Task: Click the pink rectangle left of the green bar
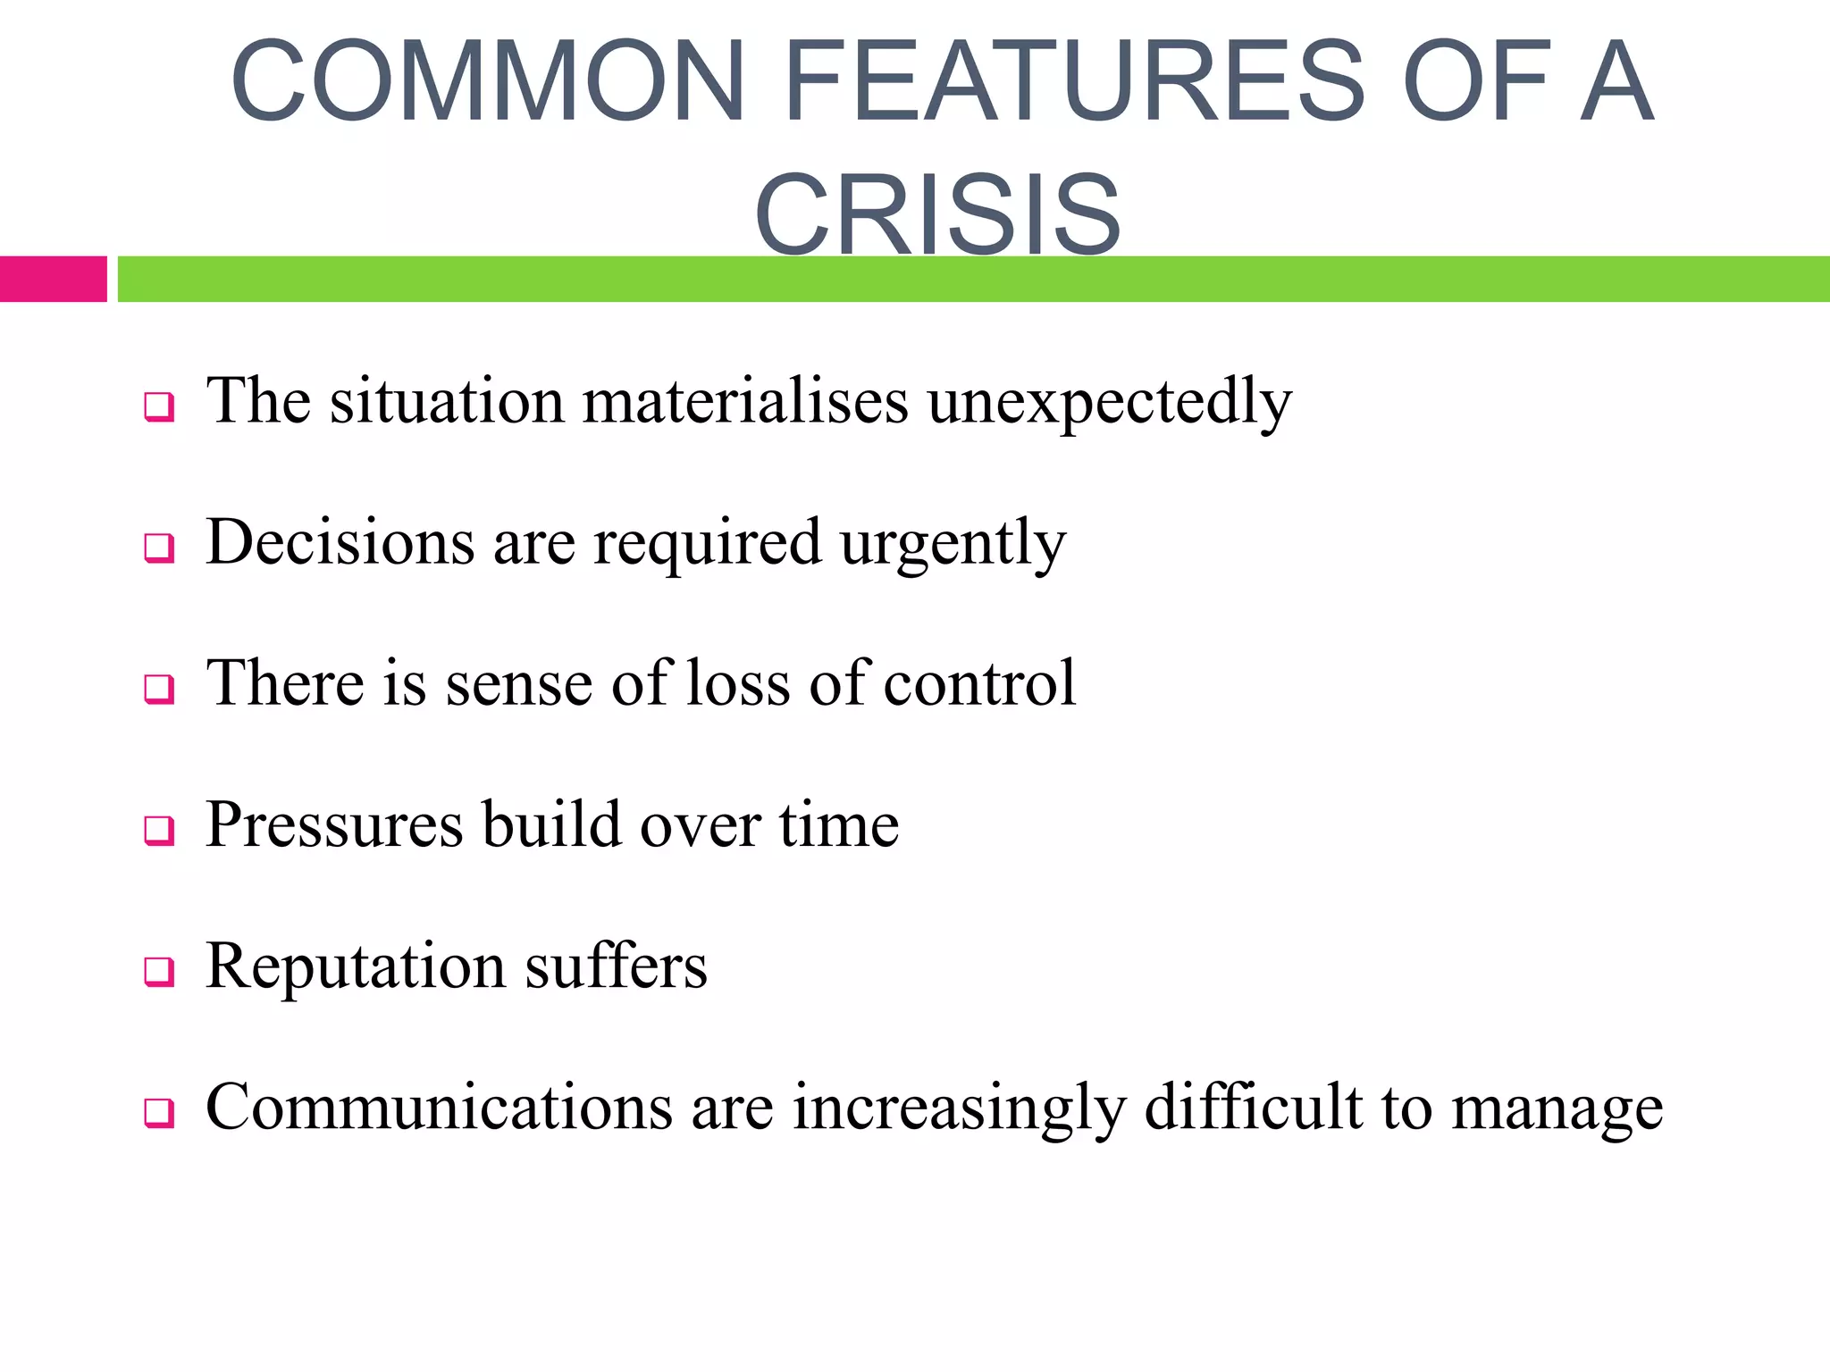click(x=53, y=279)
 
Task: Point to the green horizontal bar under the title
click(x=973, y=279)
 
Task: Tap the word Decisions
click(x=340, y=542)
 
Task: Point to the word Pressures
click(x=334, y=824)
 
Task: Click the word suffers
click(x=616, y=966)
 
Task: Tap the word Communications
click(x=439, y=1108)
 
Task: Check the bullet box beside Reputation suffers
click(x=159, y=971)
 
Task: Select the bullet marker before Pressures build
click(x=159, y=830)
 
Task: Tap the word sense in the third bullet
click(x=518, y=684)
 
